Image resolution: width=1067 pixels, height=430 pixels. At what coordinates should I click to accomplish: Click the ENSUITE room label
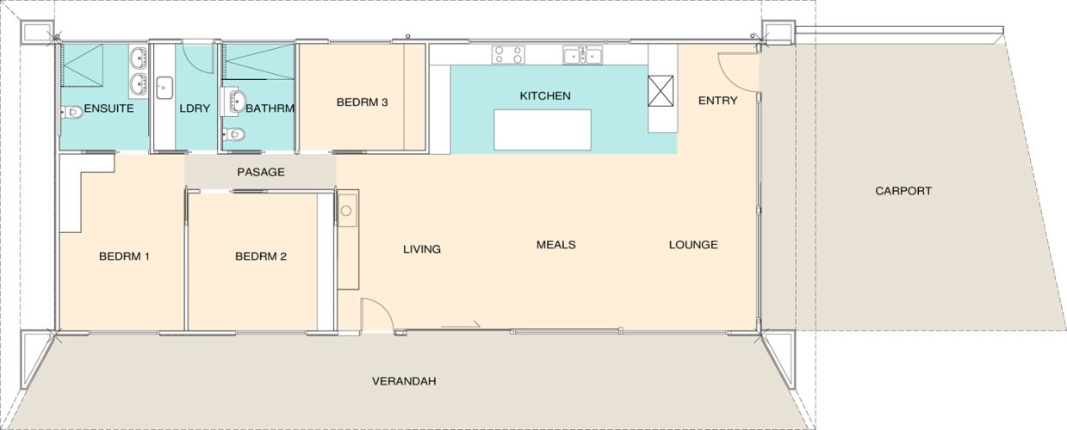coord(109,108)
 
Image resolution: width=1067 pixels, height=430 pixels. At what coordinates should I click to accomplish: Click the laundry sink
coord(164,88)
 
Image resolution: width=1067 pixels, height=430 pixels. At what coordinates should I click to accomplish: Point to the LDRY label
coord(195,108)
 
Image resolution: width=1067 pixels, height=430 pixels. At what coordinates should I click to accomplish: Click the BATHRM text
coord(270,108)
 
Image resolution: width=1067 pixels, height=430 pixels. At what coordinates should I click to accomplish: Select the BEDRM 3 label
coord(362,102)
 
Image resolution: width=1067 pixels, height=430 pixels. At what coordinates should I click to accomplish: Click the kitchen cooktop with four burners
coord(508,55)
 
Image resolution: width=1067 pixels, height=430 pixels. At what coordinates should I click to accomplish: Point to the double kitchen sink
coord(582,55)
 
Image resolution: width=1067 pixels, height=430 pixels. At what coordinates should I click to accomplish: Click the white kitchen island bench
coord(542,130)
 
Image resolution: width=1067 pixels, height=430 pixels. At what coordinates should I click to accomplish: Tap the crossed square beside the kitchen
coord(661,91)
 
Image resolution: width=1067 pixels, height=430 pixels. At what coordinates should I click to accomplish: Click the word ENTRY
coord(718,101)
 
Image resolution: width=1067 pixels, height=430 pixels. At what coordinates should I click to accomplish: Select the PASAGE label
coord(261,172)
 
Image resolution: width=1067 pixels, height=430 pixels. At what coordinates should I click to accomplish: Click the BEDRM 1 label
coord(124,256)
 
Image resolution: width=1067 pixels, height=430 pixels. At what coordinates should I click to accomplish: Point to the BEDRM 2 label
coord(261,256)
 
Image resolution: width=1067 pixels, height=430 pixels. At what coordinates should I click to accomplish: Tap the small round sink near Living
coord(346,210)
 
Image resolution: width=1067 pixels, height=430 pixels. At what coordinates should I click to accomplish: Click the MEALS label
coord(555,244)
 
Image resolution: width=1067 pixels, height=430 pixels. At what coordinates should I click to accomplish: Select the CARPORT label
coord(903,191)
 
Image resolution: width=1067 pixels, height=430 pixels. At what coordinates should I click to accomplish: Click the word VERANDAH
coord(404,381)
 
